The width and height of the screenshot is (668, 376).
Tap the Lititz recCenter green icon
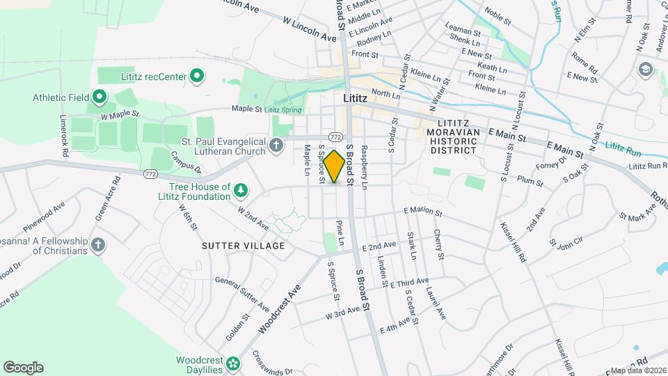[197, 75]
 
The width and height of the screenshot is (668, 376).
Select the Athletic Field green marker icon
[99, 97]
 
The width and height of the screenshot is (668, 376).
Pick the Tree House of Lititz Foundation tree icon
[241, 191]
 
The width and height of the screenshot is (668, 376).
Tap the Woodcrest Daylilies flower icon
[234, 364]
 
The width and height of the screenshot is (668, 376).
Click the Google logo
[23, 368]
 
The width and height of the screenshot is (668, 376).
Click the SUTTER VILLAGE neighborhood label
[244, 246]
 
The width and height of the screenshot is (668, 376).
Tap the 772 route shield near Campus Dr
[150, 173]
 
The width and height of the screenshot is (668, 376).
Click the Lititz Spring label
[282, 109]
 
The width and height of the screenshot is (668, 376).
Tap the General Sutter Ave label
[241, 294]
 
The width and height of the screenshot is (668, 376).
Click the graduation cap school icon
[645, 69]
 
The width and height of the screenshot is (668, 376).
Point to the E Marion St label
[422, 211]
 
